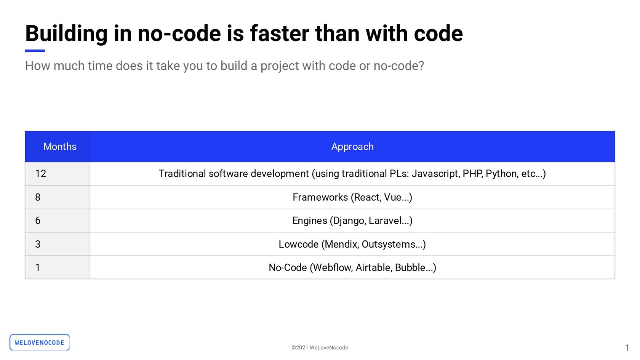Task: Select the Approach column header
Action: pyautogui.click(x=352, y=147)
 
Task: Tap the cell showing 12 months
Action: pyautogui.click(x=58, y=174)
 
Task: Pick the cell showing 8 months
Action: pyautogui.click(x=58, y=197)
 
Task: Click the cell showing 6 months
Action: pyautogui.click(x=58, y=221)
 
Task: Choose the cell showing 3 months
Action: pyautogui.click(x=58, y=244)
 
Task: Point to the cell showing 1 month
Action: pyautogui.click(x=58, y=267)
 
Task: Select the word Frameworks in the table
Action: pyautogui.click(x=320, y=197)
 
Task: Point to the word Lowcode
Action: pyautogui.click(x=299, y=244)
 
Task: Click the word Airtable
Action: pyautogui.click(x=374, y=268)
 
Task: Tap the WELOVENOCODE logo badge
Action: pyautogui.click(x=40, y=342)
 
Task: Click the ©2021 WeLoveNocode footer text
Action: pyautogui.click(x=320, y=348)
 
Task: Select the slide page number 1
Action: pyautogui.click(x=627, y=348)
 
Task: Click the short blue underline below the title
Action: pyautogui.click(x=35, y=51)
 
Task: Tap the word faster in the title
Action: pyautogui.click(x=280, y=34)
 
